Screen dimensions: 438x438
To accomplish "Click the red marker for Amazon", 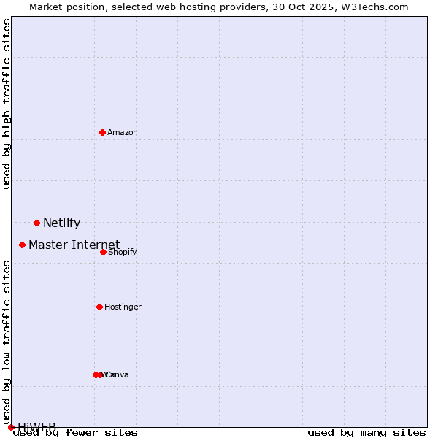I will (102, 132).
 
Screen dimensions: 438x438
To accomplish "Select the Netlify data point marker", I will (36, 223).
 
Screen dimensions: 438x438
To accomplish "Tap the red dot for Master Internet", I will (22, 245).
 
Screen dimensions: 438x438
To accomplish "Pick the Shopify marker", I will (103, 252).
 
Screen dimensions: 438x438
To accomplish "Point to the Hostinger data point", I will (99, 307).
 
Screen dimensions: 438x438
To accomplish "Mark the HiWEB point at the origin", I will (11, 427).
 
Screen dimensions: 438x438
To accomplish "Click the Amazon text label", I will (123, 132).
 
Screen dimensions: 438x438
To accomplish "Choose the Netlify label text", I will (61, 223).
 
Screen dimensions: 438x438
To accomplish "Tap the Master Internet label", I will (74, 245).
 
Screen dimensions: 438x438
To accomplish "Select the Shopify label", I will (123, 253).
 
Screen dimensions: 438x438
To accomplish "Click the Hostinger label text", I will (123, 307).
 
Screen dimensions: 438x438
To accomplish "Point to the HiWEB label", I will (36, 426).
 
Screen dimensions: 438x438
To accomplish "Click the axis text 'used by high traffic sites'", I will (7, 104).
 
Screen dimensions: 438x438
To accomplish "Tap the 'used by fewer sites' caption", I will (75, 433).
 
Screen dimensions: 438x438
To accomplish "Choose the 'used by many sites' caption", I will (366, 433).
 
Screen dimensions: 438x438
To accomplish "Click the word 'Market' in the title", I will (47, 7).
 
